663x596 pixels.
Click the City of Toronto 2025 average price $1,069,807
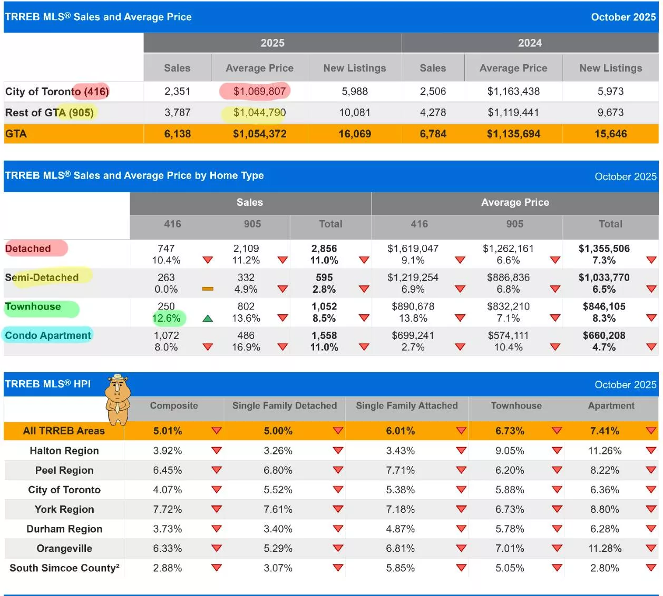click(x=259, y=91)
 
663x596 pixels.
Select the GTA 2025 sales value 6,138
click(x=177, y=134)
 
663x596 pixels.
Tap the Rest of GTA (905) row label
click(x=50, y=113)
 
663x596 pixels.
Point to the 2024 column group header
click(x=529, y=43)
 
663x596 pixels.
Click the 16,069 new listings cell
click(x=355, y=134)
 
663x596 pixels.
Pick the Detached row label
click(x=28, y=249)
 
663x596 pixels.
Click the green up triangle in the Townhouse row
click(x=208, y=318)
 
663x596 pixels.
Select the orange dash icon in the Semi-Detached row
click(x=208, y=289)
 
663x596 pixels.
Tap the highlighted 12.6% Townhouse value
click(x=166, y=318)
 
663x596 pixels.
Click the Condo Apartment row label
click(x=48, y=335)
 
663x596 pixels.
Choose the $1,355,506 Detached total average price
click(x=604, y=249)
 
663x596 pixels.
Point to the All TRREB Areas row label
click(x=64, y=431)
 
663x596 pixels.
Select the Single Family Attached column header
click(x=406, y=406)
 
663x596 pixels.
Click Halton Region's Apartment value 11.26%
click(x=604, y=451)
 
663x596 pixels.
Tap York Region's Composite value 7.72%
click(x=168, y=509)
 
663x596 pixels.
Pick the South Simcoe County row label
click(x=64, y=568)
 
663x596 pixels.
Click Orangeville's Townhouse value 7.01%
click(x=510, y=548)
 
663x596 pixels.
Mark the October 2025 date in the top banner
click(x=623, y=17)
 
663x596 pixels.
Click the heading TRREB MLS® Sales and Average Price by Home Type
click(x=134, y=175)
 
